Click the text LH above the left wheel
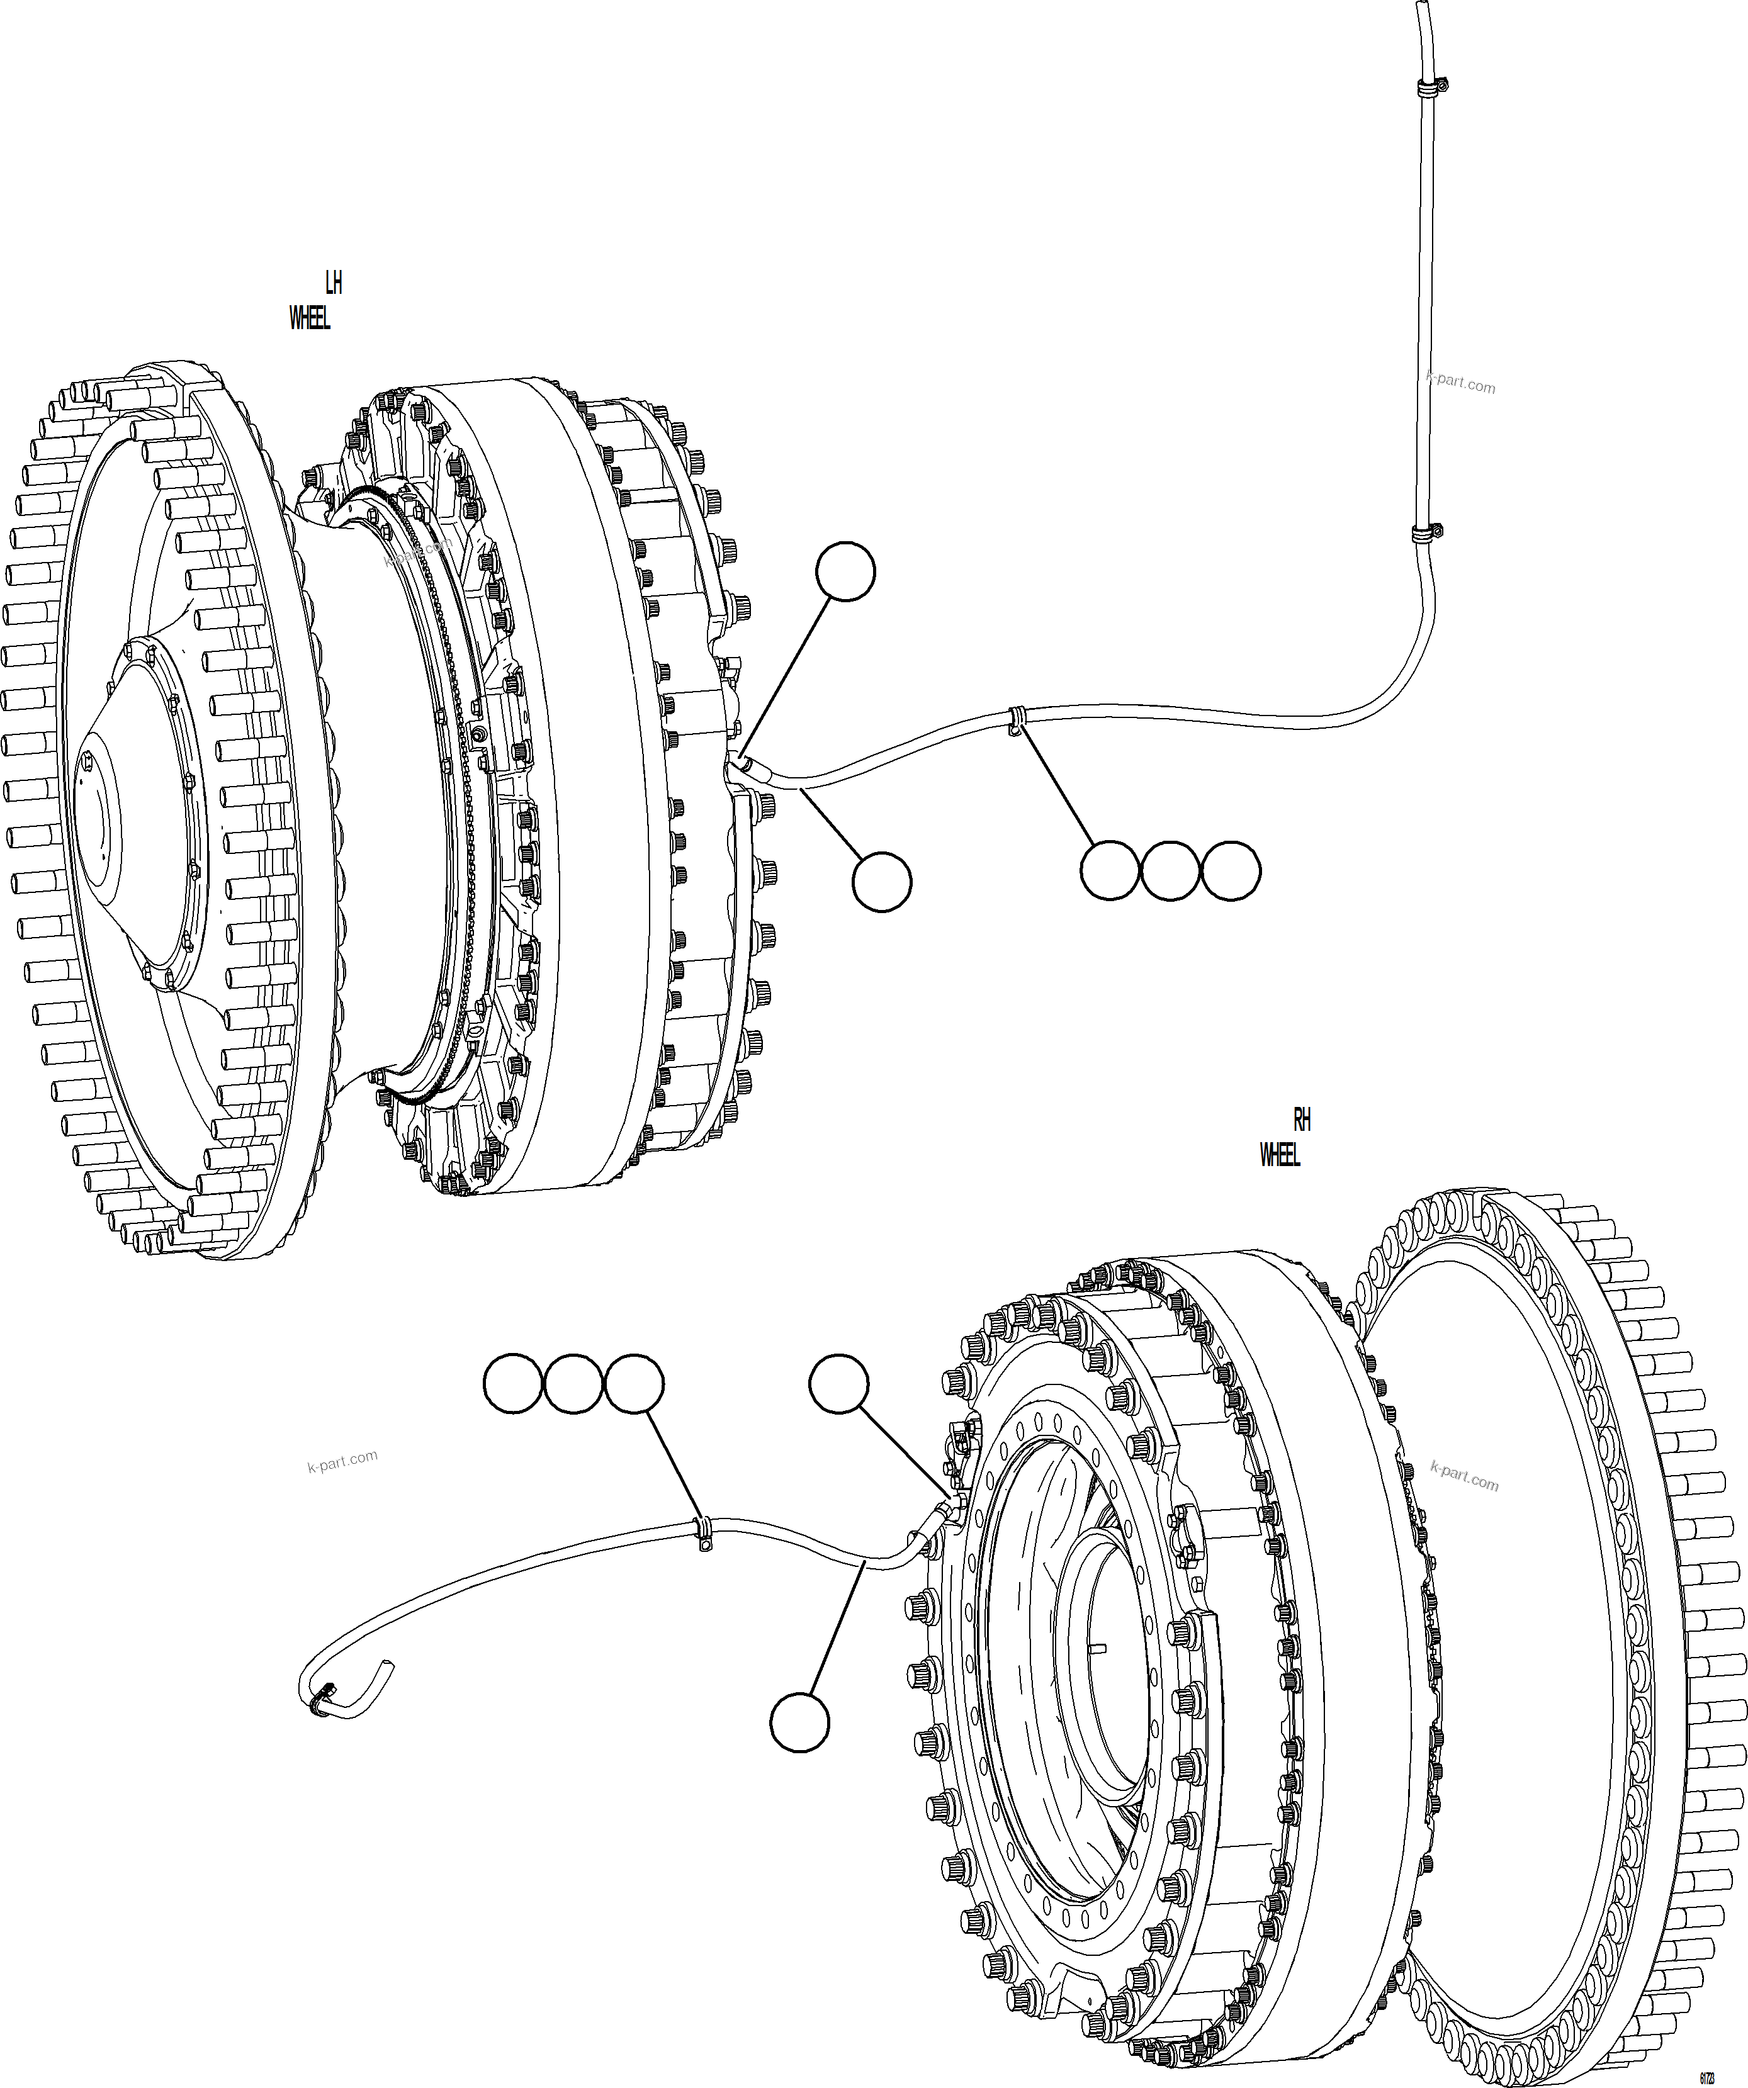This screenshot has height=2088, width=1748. pos(334,283)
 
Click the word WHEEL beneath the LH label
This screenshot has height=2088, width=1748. pos(309,318)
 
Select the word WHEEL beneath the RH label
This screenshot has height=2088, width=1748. pos(1280,1155)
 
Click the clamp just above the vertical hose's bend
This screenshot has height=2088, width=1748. pos(1428,534)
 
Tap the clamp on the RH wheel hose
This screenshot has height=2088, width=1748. pos(703,1534)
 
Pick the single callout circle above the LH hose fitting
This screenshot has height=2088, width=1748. pos(845,571)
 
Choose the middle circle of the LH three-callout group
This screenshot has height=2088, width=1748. pos(1170,871)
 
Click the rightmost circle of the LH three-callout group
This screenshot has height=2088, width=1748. pos(1231,871)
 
